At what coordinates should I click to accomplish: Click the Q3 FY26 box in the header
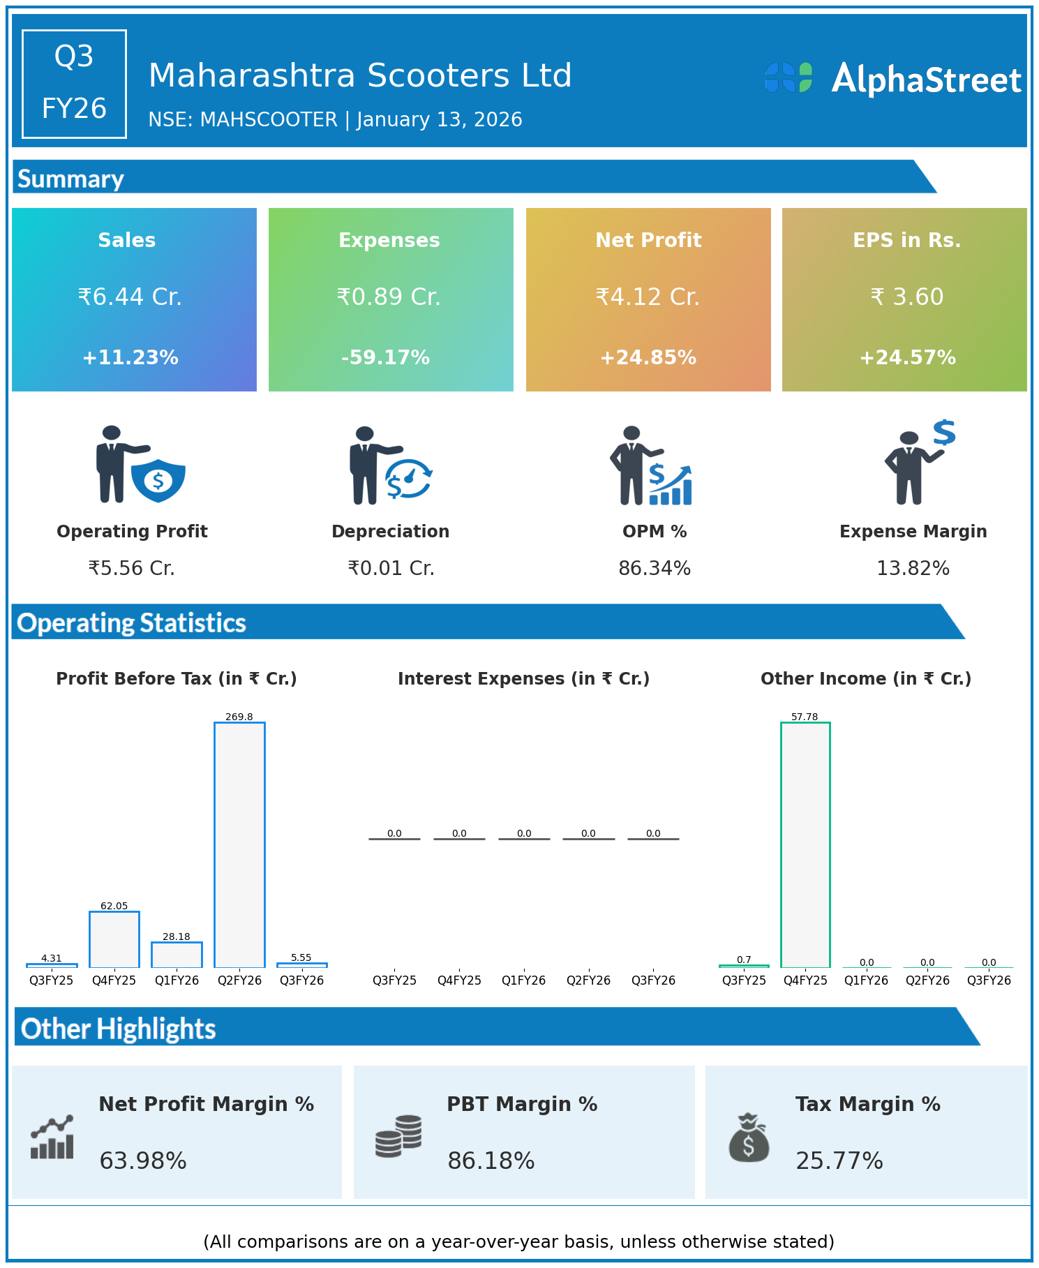coord(74,84)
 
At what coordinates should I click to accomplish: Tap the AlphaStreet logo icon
coord(788,77)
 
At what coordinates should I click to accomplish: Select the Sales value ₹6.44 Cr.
coord(130,297)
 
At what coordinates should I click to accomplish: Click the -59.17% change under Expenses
coord(385,358)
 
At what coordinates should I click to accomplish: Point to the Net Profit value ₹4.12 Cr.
coord(648,297)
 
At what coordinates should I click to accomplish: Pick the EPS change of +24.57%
coord(907,358)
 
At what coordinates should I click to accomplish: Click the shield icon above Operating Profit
coord(158,480)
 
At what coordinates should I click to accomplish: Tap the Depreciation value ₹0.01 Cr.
coord(391,569)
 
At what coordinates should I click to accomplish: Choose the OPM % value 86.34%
coord(655,569)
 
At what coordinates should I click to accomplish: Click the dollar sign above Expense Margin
coord(944,433)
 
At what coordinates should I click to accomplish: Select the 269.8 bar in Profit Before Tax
coord(239,844)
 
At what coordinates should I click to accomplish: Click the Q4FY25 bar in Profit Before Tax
coord(114,939)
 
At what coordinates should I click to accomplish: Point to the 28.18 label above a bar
coord(177,937)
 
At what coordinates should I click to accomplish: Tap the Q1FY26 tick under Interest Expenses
coord(523,980)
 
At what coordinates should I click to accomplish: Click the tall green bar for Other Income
coord(805,844)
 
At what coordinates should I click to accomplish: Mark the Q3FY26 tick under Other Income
coord(989,980)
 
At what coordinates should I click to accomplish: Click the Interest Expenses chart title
coord(523,679)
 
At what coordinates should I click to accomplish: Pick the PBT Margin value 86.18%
coord(491,1161)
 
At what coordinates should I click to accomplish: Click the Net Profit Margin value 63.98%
coord(143,1161)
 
